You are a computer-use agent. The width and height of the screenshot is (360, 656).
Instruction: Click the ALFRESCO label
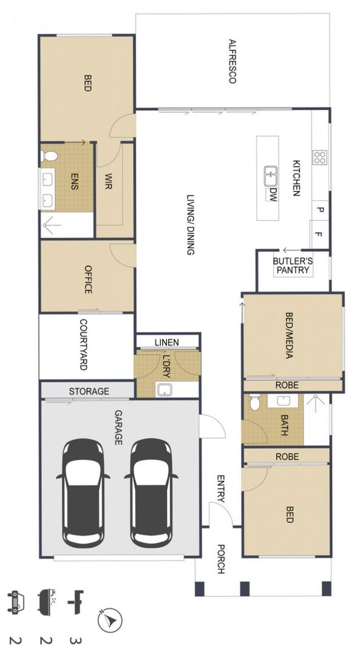tap(233, 61)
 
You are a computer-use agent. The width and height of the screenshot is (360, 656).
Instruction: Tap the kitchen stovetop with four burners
tap(320, 157)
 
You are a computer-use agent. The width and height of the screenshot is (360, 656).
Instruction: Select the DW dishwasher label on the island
tap(273, 194)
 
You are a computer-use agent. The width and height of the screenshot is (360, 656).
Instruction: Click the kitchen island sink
tap(271, 176)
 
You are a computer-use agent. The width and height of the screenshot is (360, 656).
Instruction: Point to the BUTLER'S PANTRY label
tap(293, 265)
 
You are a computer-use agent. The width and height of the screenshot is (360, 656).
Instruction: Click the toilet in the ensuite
tap(50, 156)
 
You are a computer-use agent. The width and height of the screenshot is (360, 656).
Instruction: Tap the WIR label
tap(108, 182)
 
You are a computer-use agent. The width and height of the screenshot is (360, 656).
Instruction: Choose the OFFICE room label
tap(88, 279)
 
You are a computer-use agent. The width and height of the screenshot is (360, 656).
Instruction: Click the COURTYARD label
tap(83, 345)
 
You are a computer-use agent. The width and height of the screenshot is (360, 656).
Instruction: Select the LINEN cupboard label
tap(167, 342)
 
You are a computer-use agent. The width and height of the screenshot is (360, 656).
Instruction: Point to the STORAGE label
tap(89, 392)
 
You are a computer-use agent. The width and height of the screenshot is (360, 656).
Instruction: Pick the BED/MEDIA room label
tap(288, 335)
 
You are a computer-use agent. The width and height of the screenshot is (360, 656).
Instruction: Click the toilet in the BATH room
tap(254, 403)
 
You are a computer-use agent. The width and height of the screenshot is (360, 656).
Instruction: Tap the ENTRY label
tap(221, 488)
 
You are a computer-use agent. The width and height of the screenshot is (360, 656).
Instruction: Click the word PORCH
tap(221, 559)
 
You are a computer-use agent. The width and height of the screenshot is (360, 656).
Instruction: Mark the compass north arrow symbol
tap(110, 620)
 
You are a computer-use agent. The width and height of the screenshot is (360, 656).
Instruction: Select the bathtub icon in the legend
tap(47, 601)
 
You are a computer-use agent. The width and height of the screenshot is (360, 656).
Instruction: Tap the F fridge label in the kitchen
tap(318, 234)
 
